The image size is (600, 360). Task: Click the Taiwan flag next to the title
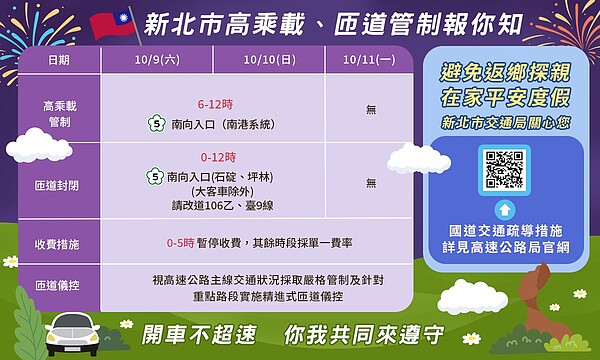pos(114,24)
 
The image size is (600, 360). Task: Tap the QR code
pos(504,170)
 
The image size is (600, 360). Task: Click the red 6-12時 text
pos(215,103)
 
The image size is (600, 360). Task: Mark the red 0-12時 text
pos(217,158)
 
